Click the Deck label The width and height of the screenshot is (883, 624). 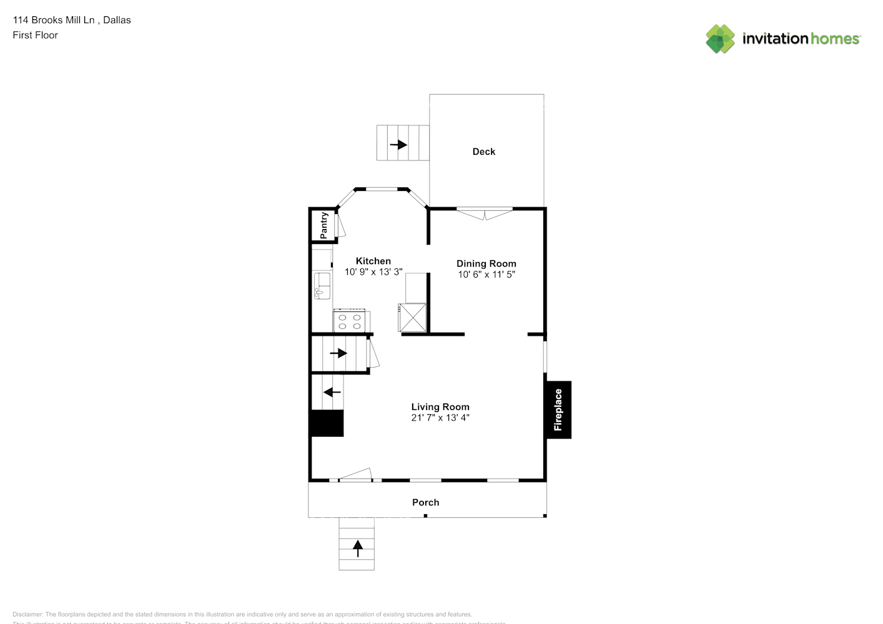(483, 152)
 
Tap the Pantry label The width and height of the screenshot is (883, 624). (324, 225)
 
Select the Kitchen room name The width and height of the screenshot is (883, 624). (373, 261)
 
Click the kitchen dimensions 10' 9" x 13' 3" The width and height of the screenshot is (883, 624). (373, 272)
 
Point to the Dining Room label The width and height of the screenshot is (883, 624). (486, 263)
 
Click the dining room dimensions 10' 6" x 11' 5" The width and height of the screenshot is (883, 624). (486, 275)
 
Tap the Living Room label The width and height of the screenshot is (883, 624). (440, 407)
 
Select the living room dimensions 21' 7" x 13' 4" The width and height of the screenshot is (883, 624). (440, 418)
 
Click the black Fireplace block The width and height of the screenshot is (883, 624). (558, 410)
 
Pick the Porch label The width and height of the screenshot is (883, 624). (425, 502)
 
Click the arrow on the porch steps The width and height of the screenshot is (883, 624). (358, 548)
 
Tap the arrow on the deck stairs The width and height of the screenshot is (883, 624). (398, 145)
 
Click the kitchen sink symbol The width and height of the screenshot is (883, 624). (322, 286)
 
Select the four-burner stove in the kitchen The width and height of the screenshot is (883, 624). (350, 321)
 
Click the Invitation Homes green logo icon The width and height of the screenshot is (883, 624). (720, 39)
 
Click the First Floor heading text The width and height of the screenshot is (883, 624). (35, 36)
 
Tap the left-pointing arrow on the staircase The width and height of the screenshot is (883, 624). (332, 392)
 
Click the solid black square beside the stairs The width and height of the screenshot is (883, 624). (327, 423)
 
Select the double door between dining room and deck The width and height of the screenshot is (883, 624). (485, 213)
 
